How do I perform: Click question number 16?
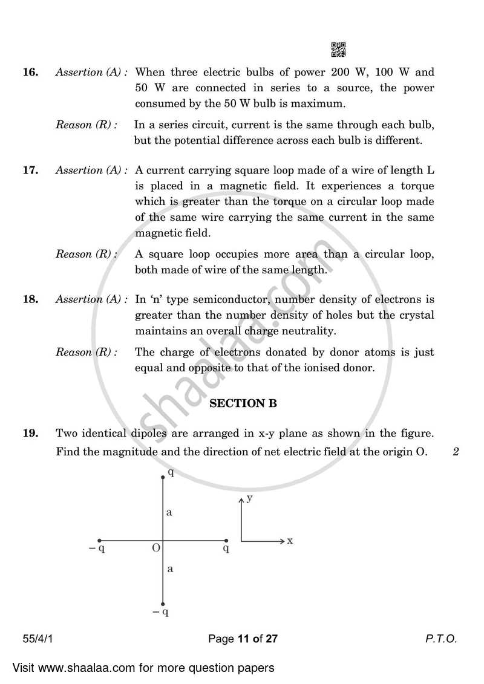pyautogui.click(x=30, y=72)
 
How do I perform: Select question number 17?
pyautogui.click(x=30, y=170)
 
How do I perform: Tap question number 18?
pyautogui.click(x=30, y=299)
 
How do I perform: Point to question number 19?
pyautogui.click(x=30, y=433)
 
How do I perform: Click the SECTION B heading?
pyautogui.click(x=243, y=403)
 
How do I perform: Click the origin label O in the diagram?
pyautogui.click(x=155, y=548)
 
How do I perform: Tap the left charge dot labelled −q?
pyautogui.click(x=100, y=541)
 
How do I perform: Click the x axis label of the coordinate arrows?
pyautogui.click(x=290, y=541)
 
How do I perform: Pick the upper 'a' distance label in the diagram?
pyautogui.click(x=169, y=512)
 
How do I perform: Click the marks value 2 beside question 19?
pyautogui.click(x=455, y=451)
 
